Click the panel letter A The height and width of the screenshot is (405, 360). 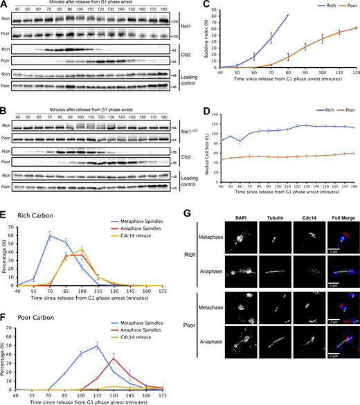tap(5, 5)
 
